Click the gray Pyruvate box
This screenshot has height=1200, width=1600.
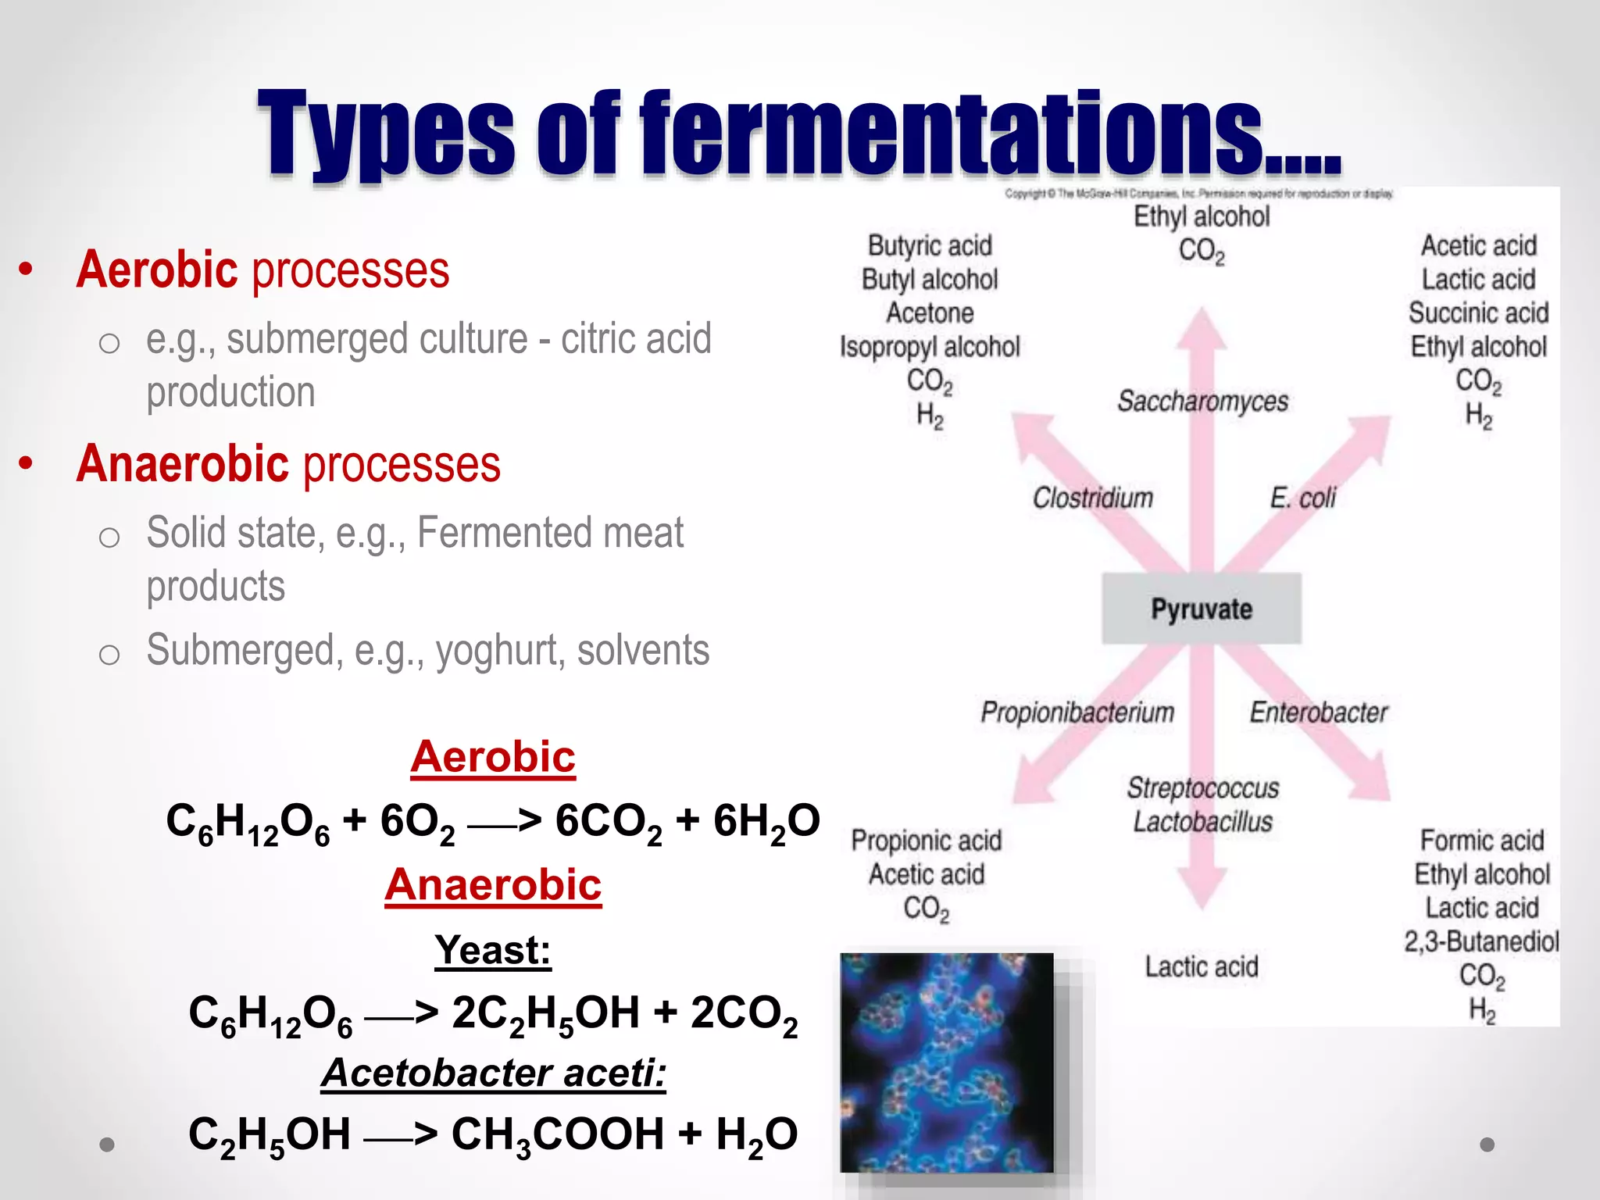1202,609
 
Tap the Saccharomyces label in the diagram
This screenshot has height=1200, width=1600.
1202,401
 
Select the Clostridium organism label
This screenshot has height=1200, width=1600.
1092,498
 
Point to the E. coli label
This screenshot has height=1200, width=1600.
1302,498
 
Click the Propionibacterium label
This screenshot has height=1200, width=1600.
1077,712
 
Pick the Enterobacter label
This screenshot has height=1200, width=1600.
1319,712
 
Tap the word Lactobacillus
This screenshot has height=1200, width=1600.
1202,822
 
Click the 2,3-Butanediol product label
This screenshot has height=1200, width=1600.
1481,941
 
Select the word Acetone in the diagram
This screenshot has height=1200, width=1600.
930,313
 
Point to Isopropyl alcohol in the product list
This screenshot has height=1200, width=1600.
930,347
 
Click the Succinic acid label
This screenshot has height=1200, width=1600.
1478,313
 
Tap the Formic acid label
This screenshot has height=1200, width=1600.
1481,841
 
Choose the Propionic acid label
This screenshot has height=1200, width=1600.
927,841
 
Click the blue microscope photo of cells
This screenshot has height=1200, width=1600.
947,1062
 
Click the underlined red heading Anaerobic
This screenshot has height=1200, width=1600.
493,885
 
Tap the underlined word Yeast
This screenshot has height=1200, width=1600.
493,950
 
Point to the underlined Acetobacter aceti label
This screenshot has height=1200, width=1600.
493,1073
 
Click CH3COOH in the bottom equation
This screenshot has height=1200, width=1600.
558,1134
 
